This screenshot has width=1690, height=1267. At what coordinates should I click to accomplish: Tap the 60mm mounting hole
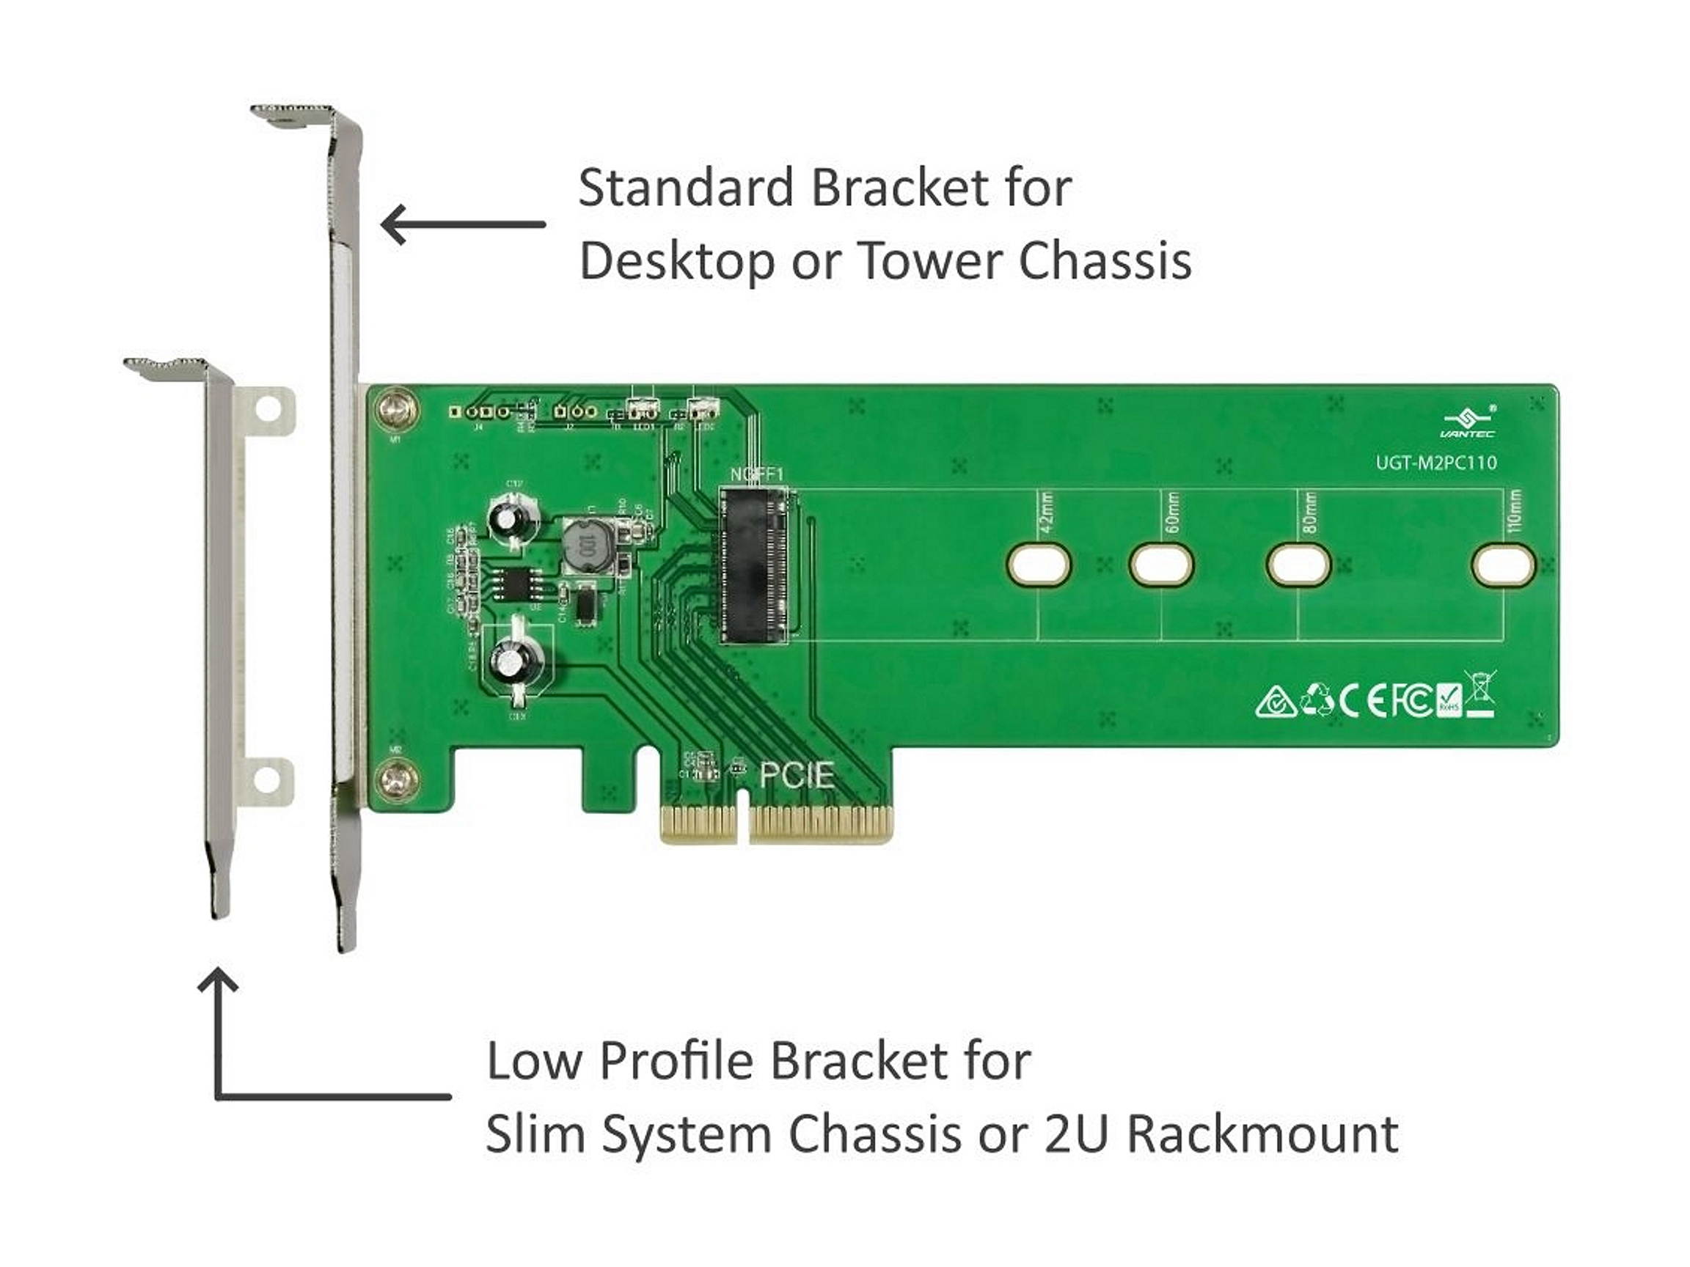coord(1160,565)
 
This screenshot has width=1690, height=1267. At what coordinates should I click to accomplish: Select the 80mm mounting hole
coord(1298,565)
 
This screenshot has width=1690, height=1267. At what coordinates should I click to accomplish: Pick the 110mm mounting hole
coord(1502,565)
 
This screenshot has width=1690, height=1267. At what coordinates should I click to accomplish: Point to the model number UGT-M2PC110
coord(1435,463)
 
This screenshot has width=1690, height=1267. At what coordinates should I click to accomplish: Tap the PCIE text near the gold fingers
coord(796,776)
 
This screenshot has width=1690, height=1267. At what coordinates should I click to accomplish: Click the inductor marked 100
coord(586,547)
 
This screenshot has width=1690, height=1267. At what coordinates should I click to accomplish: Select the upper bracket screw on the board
coord(398,411)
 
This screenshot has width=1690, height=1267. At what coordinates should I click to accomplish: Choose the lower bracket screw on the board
coord(398,781)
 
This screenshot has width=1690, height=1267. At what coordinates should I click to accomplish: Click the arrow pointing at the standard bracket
coord(463,224)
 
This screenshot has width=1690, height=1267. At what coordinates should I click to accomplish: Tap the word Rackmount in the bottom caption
coord(1262,1135)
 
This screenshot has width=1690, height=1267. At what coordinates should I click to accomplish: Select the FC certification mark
coord(1411,700)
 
